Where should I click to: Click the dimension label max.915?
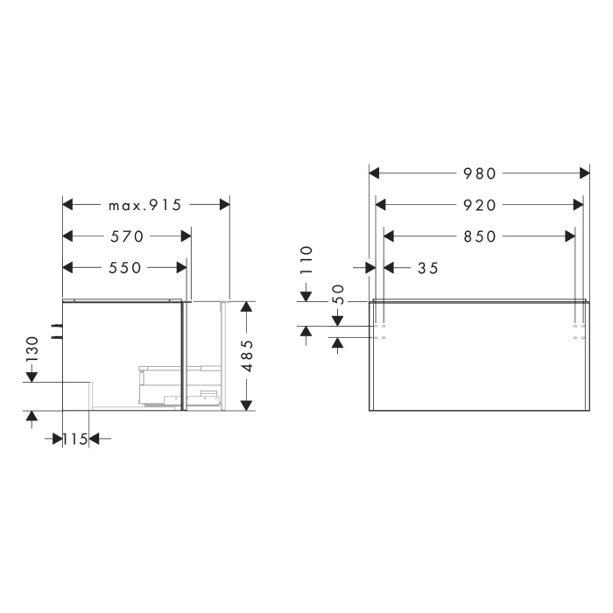(144, 205)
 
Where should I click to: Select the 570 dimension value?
(127, 236)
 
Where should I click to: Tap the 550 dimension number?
(125, 267)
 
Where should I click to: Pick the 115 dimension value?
(75, 439)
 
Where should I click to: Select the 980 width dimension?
(479, 173)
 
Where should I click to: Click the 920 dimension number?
(479, 205)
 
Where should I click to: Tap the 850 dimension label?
(479, 236)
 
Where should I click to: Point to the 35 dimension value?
(427, 268)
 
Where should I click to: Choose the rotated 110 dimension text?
(306, 260)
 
